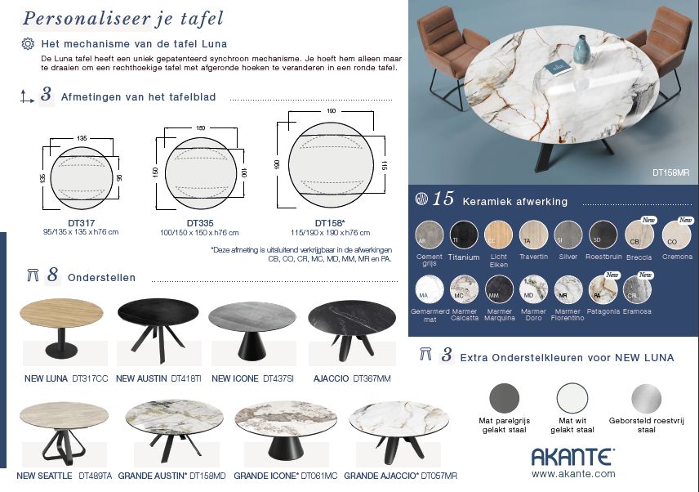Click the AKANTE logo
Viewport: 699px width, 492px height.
(x=572, y=456)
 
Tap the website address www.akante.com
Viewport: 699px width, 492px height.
(x=572, y=473)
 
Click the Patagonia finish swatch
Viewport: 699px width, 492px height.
(x=603, y=288)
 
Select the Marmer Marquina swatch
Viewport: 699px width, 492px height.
(x=499, y=289)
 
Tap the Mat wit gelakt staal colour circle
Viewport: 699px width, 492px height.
(x=572, y=399)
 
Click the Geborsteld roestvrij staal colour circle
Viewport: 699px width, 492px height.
(x=646, y=399)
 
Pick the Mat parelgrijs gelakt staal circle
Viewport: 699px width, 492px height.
(x=504, y=399)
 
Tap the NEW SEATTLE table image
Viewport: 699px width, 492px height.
(x=64, y=432)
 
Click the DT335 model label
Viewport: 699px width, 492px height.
(x=200, y=222)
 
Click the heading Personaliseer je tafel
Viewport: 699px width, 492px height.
(x=123, y=18)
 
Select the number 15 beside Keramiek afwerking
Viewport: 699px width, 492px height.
(x=443, y=199)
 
